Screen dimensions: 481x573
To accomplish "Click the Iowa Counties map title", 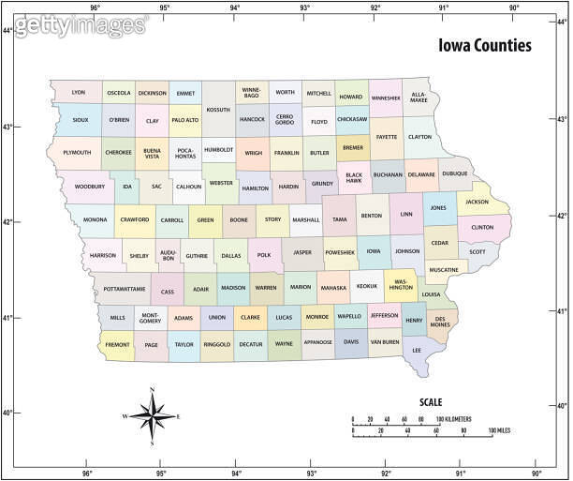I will (485, 45).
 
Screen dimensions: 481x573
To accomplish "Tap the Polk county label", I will (264, 254).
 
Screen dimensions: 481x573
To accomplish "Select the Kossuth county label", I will (217, 110).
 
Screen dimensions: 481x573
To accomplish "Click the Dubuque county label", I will (455, 173).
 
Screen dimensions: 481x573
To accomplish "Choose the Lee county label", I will (417, 351).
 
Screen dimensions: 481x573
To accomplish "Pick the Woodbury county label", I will (90, 187).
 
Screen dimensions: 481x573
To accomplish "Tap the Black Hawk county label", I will (353, 176).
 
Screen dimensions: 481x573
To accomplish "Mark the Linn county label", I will (405, 214).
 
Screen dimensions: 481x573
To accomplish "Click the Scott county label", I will (477, 251).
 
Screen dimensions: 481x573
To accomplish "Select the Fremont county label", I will (117, 345).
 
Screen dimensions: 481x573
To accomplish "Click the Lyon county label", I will (79, 93).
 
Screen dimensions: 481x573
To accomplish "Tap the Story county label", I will (272, 219).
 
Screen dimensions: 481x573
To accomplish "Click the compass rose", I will (152, 415).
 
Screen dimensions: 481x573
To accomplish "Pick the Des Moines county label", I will (440, 323).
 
